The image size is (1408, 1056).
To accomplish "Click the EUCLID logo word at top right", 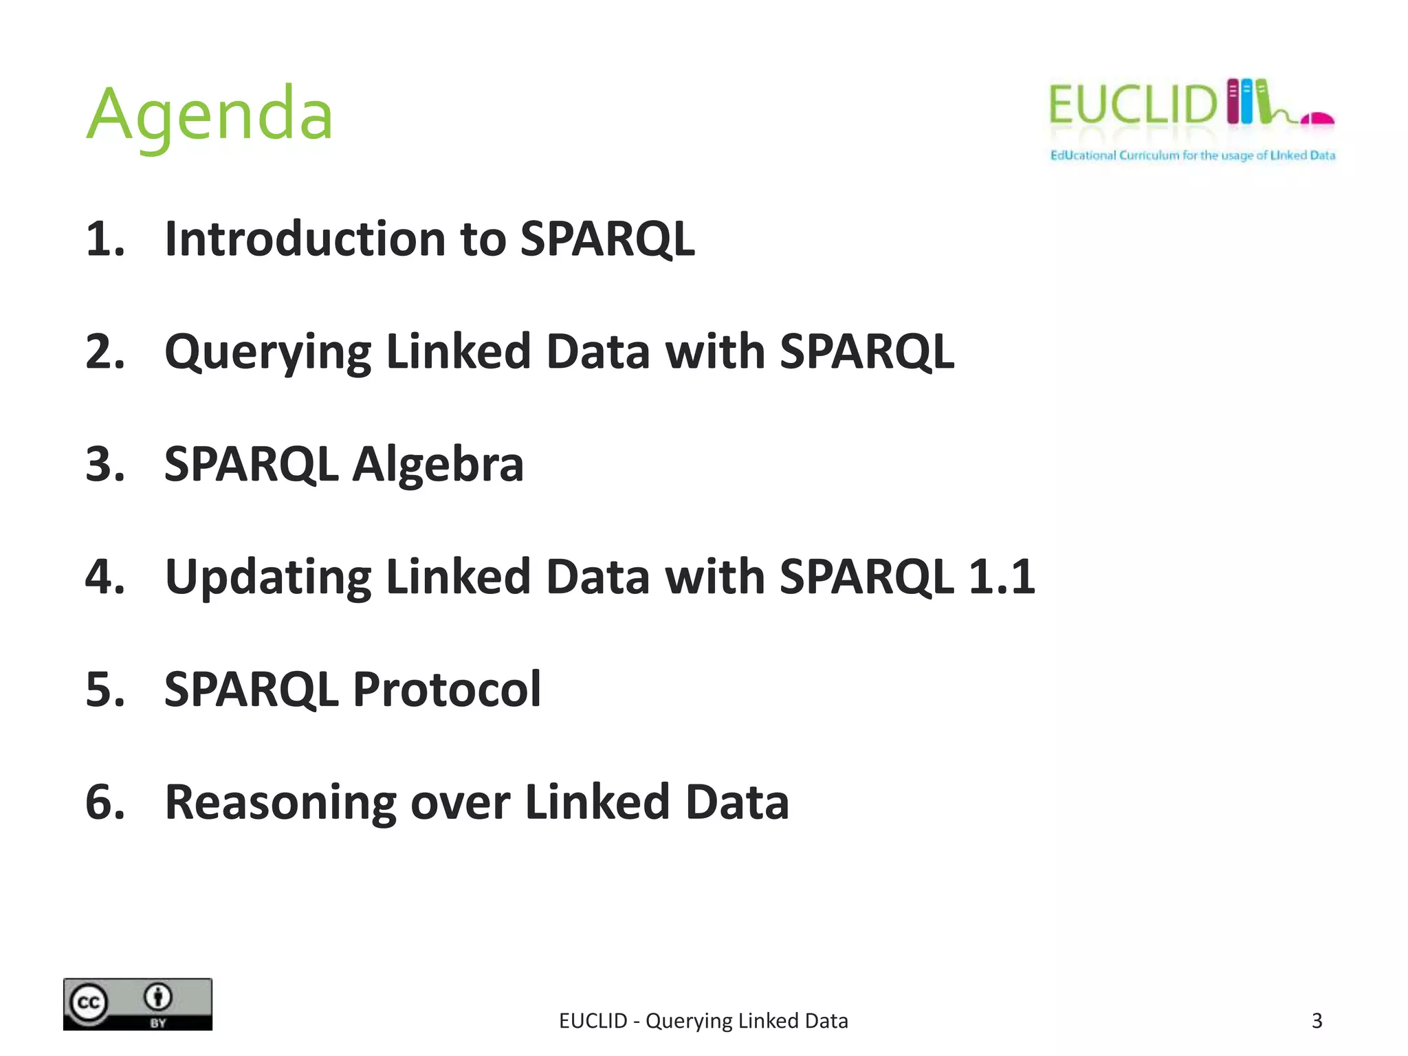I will (x=1133, y=105).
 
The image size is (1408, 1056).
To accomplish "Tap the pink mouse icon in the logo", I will (x=1317, y=119).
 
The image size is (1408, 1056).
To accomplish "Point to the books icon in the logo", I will (x=1248, y=102).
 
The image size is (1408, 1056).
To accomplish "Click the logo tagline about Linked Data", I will (x=1192, y=155).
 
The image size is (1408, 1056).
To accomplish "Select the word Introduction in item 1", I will (x=306, y=239).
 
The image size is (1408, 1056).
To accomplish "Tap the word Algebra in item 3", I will (x=438, y=464).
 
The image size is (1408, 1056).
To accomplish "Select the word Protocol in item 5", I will (x=447, y=689).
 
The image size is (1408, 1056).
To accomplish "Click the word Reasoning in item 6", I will (x=280, y=802).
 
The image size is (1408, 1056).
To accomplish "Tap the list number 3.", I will (x=104, y=464).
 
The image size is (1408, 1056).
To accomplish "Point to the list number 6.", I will (x=104, y=802).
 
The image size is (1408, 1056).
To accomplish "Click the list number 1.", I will (x=104, y=239).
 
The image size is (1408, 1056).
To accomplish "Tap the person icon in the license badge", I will (x=159, y=996).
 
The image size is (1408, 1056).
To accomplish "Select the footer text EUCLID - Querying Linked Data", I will (x=703, y=1021).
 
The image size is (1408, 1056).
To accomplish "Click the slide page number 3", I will (x=1317, y=1021).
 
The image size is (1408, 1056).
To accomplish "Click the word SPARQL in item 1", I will (x=607, y=239).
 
